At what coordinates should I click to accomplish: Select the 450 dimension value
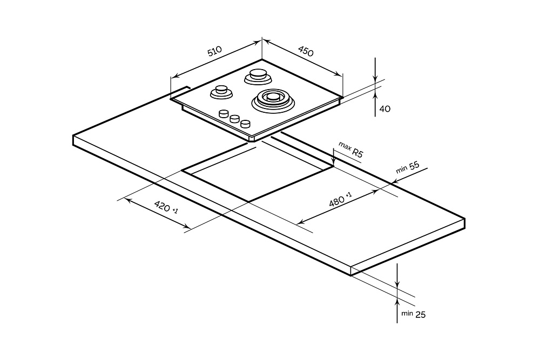(x=305, y=52)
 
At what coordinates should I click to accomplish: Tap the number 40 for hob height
(x=385, y=108)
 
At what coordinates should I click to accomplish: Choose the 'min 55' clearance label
(x=408, y=167)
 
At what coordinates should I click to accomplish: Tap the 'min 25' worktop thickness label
(x=414, y=314)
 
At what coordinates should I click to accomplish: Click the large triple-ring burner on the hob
(x=272, y=99)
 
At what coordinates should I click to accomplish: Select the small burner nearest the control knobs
(x=221, y=92)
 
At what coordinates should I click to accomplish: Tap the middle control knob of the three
(x=235, y=119)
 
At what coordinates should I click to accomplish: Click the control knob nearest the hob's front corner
(x=247, y=124)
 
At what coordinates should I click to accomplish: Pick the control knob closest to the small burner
(x=223, y=113)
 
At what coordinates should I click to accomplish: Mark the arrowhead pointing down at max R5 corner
(x=334, y=161)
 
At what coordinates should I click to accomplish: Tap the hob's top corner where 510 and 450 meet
(x=262, y=59)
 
